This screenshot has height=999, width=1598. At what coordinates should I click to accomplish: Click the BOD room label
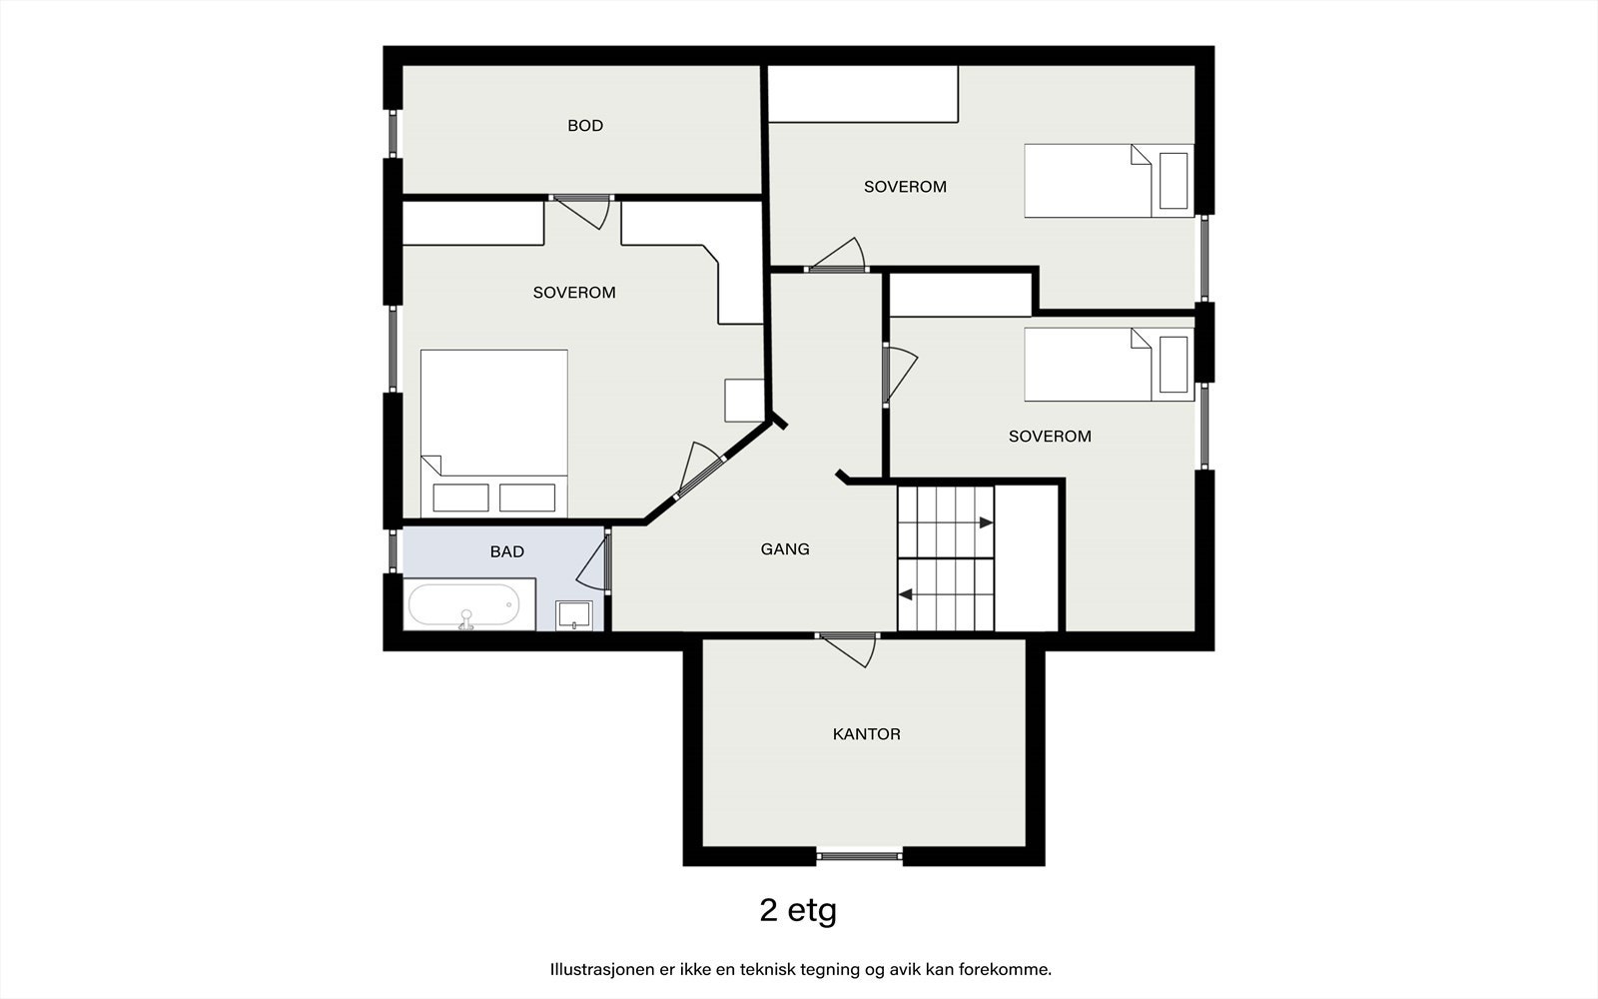coord(585,126)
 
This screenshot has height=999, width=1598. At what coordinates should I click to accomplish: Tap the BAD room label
coord(506,551)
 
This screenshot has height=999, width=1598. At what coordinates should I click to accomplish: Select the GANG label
coord(785,548)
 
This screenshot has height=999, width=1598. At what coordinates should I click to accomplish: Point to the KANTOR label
coord(866,733)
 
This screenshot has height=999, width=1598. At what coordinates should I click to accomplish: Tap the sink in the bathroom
coord(574,615)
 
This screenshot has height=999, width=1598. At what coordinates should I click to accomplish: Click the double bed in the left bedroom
coord(493,433)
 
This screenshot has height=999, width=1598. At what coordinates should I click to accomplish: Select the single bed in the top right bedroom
coord(1109,181)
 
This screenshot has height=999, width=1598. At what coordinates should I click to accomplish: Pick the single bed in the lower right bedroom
coord(1109,364)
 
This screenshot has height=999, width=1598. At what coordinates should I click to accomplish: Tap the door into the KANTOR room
coord(848,650)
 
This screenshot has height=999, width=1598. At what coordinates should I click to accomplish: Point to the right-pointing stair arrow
coord(986,523)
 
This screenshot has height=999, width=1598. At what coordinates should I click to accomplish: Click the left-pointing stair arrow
coord(905,594)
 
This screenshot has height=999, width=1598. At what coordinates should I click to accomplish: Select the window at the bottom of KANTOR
coord(860,855)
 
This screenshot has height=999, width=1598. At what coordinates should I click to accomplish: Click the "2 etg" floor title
coord(798,910)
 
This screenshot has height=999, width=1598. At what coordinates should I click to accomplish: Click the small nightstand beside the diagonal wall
coord(744,401)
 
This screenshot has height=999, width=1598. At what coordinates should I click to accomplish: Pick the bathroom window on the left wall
coord(393,550)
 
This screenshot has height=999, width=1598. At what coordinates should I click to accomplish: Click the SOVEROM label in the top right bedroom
coord(905,187)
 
